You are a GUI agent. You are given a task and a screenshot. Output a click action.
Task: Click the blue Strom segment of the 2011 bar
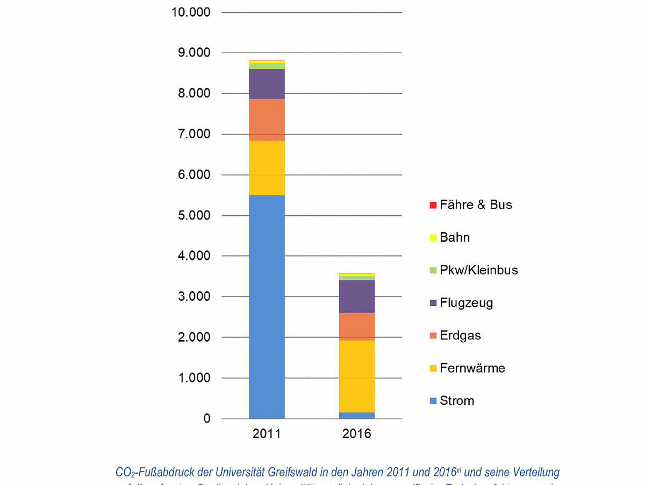(267, 307)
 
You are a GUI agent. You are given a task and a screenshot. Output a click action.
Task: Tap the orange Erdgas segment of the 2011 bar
(267, 120)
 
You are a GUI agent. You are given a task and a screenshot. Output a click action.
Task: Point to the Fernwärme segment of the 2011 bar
(267, 167)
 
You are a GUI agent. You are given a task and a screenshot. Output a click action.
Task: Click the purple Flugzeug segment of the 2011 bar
(267, 83)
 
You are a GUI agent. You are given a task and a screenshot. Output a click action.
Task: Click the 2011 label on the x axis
(267, 434)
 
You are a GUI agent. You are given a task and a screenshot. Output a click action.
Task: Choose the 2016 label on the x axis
(356, 434)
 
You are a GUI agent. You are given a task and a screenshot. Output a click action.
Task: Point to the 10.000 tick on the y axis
(191, 12)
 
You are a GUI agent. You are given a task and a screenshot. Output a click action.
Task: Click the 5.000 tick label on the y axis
(195, 215)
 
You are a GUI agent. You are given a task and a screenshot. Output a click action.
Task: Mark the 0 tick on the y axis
(206, 419)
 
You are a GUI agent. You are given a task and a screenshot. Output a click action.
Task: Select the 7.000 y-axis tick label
(195, 134)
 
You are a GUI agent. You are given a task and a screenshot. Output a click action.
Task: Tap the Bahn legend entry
(455, 237)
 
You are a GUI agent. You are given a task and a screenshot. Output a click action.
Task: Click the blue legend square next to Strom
(433, 401)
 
